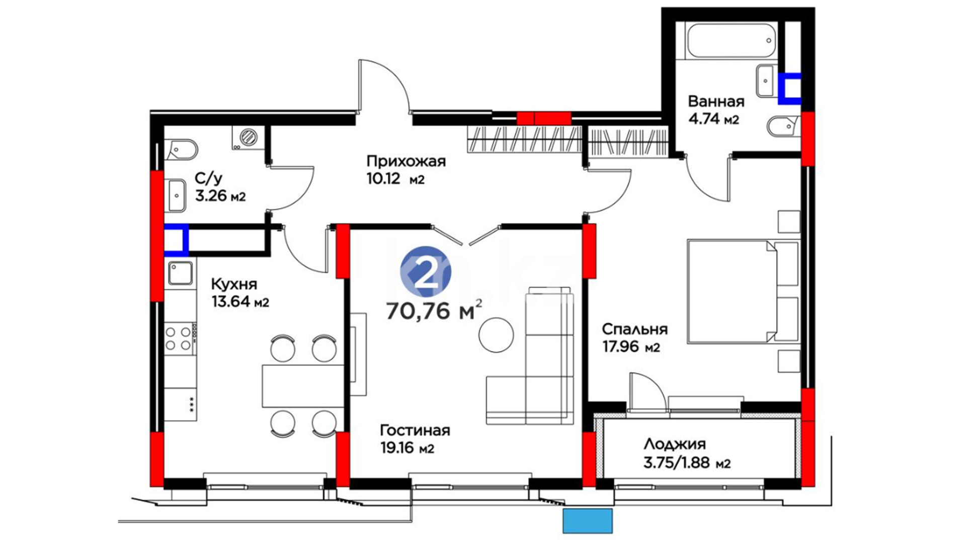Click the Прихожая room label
(406, 161)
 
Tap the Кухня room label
(234, 284)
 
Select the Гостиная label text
(415, 431)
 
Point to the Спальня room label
(635, 329)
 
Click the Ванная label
(716, 101)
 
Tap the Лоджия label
(675, 444)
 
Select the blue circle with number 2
(426, 272)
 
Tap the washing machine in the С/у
(248, 137)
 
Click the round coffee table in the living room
(496, 335)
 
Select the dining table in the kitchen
(303, 386)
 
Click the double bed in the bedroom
(743, 292)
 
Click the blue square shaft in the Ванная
(789, 89)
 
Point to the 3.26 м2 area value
(220, 196)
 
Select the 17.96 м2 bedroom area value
(631, 348)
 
